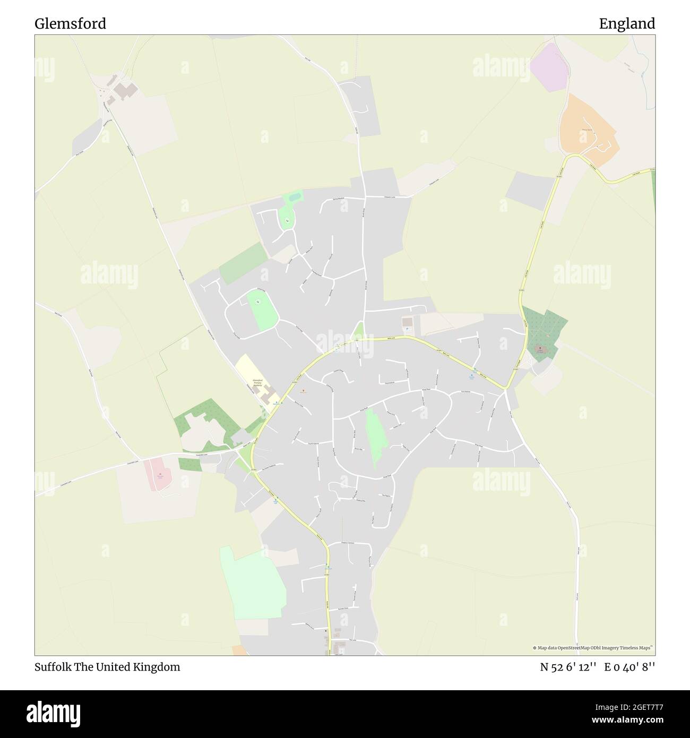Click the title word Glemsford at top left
[x=70, y=24]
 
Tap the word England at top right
[x=627, y=24]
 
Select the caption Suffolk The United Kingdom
[x=107, y=667]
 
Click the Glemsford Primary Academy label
[x=258, y=382]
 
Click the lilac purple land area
[x=549, y=67]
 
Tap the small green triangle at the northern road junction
[x=359, y=332]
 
